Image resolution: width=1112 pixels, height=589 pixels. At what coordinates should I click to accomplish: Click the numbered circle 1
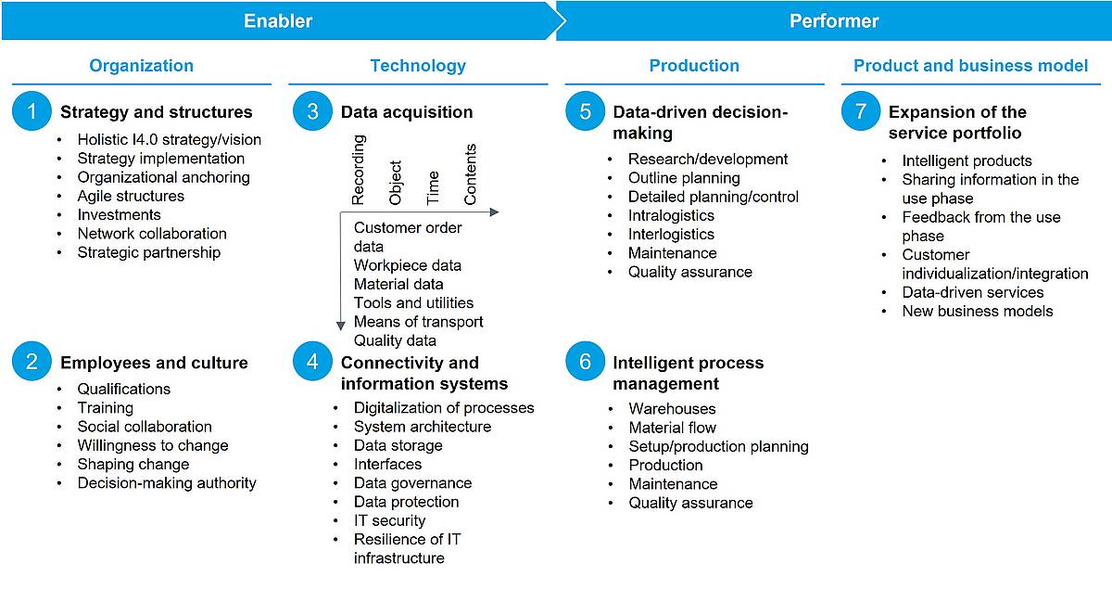pyautogui.click(x=32, y=110)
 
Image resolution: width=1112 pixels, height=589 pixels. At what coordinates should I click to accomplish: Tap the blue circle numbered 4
pyautogui.click(x=312, y=362)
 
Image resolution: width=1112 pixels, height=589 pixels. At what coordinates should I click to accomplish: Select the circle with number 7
pyautogui.click(x=861, y=110)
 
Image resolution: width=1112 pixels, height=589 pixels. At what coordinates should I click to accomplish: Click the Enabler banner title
pyautogui.click(x=278, y=21)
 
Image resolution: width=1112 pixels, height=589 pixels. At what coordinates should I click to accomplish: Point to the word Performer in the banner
pyautogui.click(x=834, y=21)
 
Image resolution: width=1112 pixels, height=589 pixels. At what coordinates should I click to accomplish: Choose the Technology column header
pyautogui.click(x=418, y=66)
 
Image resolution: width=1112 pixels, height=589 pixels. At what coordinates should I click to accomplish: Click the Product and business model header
pyautogui.click(x=970, y=66)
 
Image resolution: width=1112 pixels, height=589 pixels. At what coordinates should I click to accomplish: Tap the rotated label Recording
pyautogui.click(x=358, y=170)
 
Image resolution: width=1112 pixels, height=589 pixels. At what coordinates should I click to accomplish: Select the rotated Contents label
pyautogui.click(x=470, y=174)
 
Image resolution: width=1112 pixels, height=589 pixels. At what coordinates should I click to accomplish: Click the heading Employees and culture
pyautogui.click(x=154, y=363)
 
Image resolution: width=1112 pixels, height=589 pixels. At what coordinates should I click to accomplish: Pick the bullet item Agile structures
pyautogui.click(x=131, y=196)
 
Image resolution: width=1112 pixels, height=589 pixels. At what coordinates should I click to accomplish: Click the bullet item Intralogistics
pyautogui.click(x=671, y=215)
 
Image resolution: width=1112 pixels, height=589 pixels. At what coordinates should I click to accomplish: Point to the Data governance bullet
pyautogui.click(x=413, y=482)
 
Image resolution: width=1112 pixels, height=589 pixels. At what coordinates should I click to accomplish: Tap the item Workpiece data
pyautogui.click(x=408, y=265)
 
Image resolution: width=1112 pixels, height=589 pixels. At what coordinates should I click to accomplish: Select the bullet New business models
pyautogui.click(x=978, y=311)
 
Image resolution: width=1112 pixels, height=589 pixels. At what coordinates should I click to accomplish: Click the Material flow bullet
pyautogui.click(x=673, y=428)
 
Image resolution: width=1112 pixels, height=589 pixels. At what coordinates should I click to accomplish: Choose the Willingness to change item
pyautogui.click(x=153, y=445)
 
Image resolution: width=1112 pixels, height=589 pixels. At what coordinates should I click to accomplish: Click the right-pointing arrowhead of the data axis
pyautogui.click(x=495, y=212)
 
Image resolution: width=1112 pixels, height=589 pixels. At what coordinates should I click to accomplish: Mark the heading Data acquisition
pyautogui.click(x=407, y=112)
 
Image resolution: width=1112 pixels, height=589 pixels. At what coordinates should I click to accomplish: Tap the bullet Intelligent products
pyautogui.click(x=967, y=160)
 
